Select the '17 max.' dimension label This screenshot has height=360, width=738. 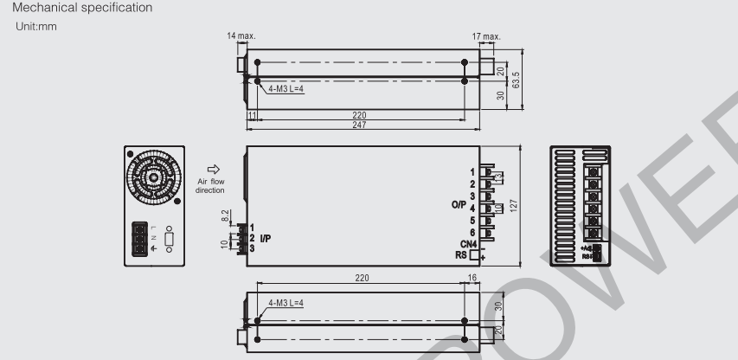coord(493,37)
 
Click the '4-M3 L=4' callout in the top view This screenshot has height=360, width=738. coord(287,88)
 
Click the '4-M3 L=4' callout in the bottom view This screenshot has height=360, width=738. coord(287,303)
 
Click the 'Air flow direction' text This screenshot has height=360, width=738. coord(211,185)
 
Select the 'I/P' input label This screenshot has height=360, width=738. coord(266,237)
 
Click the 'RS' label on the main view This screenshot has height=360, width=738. coord(460,255)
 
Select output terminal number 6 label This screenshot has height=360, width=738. coord(473,232)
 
